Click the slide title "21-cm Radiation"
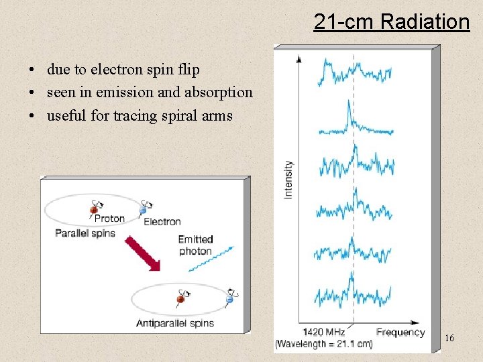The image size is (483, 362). pos(391,22)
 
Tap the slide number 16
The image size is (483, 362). pos(449,339)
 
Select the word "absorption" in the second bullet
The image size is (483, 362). pos(219,93)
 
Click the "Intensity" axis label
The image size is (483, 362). pos(288,179)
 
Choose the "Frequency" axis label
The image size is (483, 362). pos(400,332)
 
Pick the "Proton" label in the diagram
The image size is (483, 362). pos(109,219)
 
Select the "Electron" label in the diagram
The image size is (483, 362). pos(162,221)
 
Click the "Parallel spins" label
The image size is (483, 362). pos(85,233)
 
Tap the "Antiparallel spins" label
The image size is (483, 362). pos(174,322)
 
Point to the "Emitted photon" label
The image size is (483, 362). pos(195,245)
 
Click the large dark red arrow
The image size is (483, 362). pos(142,253)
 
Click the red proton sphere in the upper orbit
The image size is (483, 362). pos(94,210)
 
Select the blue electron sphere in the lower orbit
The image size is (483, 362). pos(229,300)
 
